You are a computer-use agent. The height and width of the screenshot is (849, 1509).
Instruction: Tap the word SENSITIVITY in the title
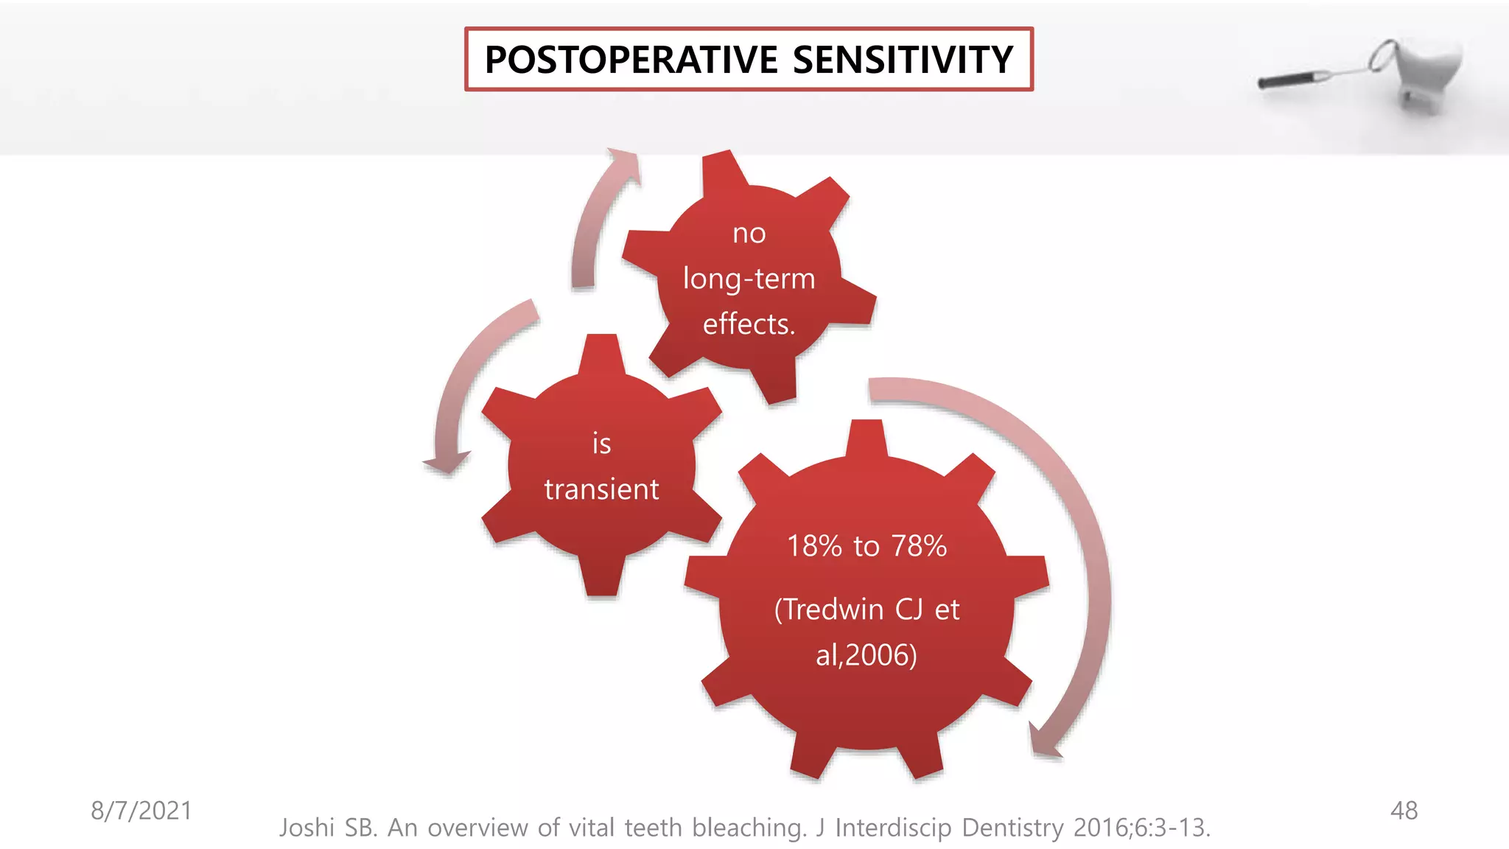point(903,60)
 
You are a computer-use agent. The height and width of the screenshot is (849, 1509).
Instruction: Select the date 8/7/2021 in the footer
point(141,811)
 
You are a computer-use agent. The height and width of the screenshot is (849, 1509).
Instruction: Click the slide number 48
point(1404,811)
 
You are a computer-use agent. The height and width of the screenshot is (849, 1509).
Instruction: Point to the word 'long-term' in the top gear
point(749,279)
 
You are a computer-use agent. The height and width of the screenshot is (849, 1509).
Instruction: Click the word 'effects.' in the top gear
point(749,324)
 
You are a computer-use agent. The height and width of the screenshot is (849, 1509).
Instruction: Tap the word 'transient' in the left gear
point(601,489)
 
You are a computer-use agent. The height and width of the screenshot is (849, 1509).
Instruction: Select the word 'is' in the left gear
point(601,444)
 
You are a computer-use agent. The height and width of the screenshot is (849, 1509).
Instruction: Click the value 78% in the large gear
point(919,546)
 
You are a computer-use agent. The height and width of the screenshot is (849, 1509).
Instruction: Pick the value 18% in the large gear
point(814,546)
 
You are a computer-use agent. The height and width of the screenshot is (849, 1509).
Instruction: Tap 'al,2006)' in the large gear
point(866,655)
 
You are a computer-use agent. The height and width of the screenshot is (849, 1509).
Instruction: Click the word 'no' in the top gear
point(749,234)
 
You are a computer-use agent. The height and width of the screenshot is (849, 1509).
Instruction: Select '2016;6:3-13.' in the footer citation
point(1141,828)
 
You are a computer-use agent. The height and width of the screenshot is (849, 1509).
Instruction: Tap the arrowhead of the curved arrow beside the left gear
point(446,464)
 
